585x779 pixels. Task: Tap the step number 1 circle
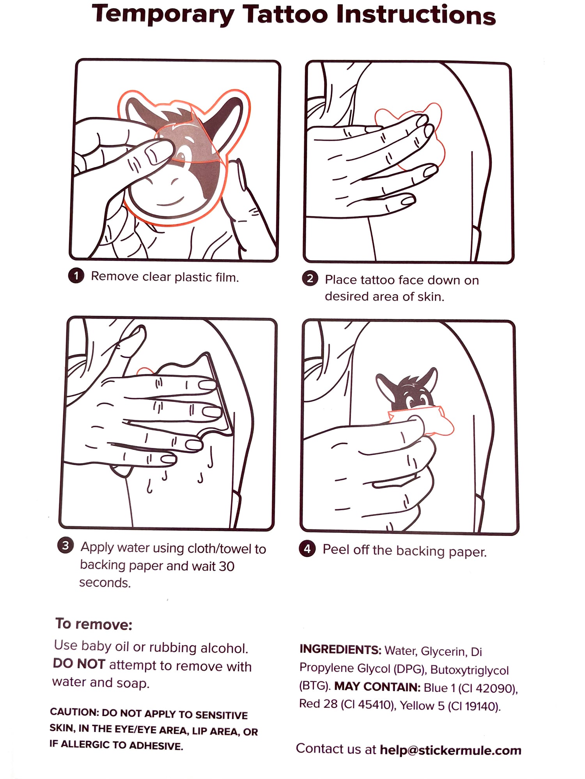76,276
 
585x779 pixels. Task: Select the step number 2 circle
310,279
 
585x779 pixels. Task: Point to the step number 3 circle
66,545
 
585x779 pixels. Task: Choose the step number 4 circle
307,549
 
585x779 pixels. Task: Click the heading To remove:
94,624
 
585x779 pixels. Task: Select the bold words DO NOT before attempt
79,664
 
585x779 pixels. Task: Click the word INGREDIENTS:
340,650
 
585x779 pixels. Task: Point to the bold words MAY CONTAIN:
377,687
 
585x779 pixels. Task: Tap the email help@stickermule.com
450,750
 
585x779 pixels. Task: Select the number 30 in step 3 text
226,566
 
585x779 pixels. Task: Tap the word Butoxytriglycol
470,670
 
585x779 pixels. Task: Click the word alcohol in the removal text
224,648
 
